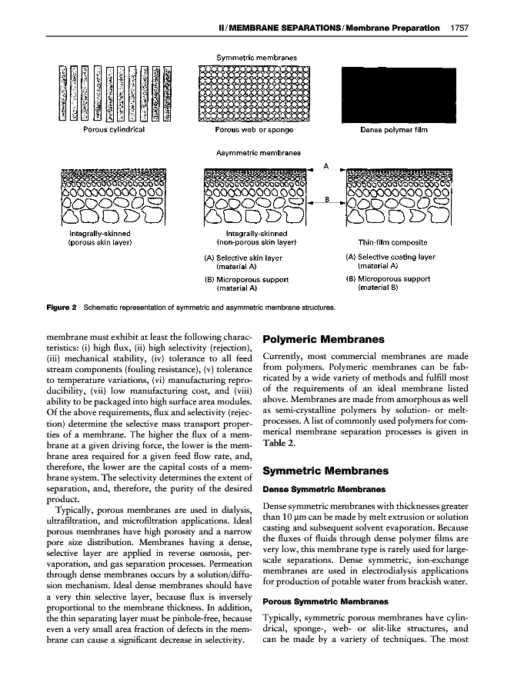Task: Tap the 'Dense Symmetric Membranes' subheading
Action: (x=314, y=488)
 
